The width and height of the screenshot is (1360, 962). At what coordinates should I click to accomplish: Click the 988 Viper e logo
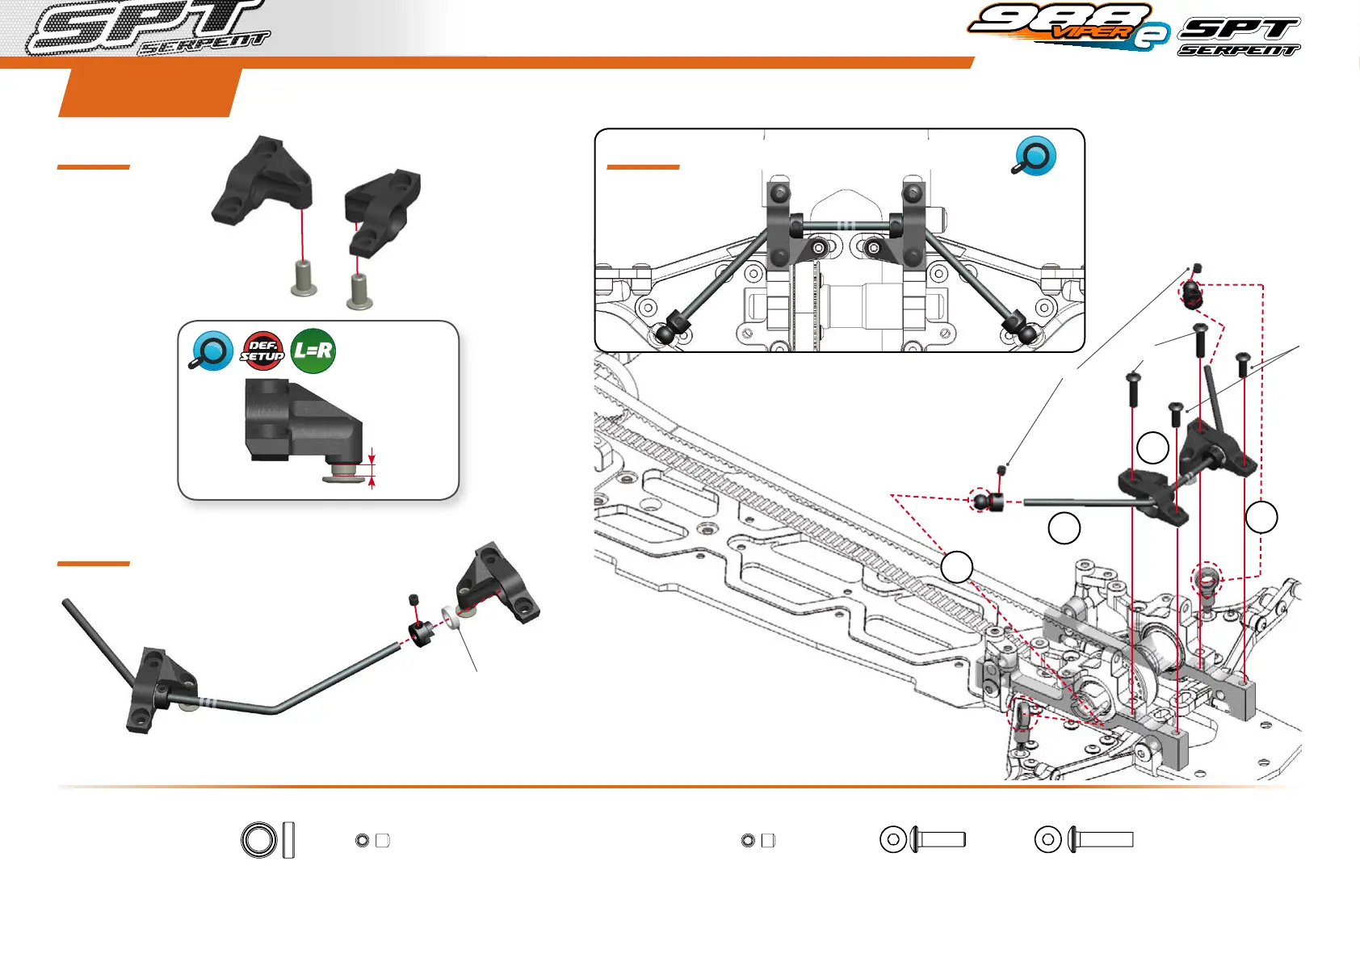(x=1068, y=27)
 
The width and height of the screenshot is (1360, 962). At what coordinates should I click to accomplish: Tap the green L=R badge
(x=313, y=351)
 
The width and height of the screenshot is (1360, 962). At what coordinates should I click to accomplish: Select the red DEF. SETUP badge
(x=262, y=351)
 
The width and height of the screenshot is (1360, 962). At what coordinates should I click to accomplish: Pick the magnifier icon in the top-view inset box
(x=1035, y=156)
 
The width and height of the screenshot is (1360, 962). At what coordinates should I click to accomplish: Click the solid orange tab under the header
(x=150, y=93)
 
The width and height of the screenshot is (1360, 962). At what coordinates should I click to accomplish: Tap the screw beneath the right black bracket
(x=359, y=292)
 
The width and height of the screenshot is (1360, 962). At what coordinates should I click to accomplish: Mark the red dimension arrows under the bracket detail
(x=372, y=468)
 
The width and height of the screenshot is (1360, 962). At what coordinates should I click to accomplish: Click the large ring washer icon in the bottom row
(x=258, y=840)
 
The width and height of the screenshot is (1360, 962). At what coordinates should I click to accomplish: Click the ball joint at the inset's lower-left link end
(x=666, y=331)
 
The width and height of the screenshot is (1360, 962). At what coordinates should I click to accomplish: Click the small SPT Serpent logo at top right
(x=1239, y=37)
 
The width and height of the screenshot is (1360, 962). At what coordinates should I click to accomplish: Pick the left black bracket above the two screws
(x=262, y=182)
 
